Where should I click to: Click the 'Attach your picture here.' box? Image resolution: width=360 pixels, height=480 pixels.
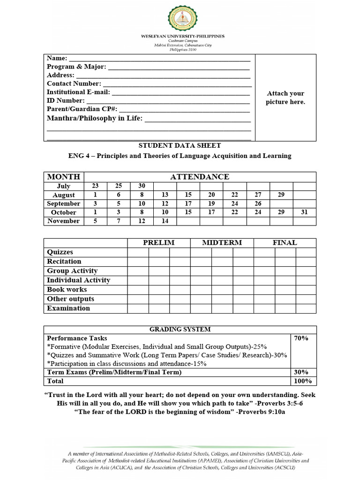(x=285, y=97)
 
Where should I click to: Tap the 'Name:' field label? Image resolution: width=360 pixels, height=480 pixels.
(x=57, y=58)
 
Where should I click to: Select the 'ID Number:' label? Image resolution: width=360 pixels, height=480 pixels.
(x=66, y=100)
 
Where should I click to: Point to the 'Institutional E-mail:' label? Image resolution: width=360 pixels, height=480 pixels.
(x=78, y=92)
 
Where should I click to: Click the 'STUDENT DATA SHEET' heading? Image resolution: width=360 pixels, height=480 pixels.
(x=180, y=146)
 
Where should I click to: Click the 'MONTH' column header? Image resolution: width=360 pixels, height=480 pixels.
(x=63, y=177)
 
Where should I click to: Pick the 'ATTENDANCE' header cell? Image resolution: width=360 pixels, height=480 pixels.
(x=199, y=177)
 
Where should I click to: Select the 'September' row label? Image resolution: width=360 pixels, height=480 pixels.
(x=63, y=204)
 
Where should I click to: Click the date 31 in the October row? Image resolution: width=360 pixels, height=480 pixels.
(x=304, y=212)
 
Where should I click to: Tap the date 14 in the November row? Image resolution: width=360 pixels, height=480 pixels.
(x=165, y=221)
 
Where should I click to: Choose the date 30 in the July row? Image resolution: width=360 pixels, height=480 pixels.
(x=142, y=186)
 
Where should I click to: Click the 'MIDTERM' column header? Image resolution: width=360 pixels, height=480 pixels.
(x=222, y=242)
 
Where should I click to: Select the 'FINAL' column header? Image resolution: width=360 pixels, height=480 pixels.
(x=285, y=242)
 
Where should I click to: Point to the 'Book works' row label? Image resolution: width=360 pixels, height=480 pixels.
(x=67, y=290)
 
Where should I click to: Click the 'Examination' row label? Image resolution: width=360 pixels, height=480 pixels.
(x=68, y=308)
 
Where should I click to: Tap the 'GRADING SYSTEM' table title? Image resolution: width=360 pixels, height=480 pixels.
(x=180, y=330)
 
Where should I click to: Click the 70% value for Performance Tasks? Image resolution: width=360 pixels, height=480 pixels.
(x=300, y=338)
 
